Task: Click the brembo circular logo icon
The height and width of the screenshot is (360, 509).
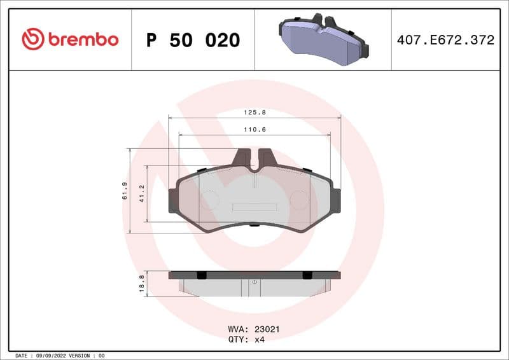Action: [x=33, y=39]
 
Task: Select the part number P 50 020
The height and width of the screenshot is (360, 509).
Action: [x=193, y=40]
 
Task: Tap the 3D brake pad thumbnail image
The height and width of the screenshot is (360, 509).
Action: [x=323, y=39]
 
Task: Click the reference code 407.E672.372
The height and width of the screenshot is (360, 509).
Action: [x=445, y=40]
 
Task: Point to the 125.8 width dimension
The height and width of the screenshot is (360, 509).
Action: [x=254, y=112]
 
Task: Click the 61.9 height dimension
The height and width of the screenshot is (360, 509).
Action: [x=125, y=191]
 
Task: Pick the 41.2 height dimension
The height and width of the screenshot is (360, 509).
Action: [x=142, y=193]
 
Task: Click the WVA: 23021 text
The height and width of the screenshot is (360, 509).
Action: [x=254, y=329]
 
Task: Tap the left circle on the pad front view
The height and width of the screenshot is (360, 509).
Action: [x=209, y=198]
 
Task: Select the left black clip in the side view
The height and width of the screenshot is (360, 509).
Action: [x=202, y=275]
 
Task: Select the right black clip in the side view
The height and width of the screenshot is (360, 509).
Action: [x=307, y=275]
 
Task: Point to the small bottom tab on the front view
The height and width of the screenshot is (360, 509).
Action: [x=254, y=224]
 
